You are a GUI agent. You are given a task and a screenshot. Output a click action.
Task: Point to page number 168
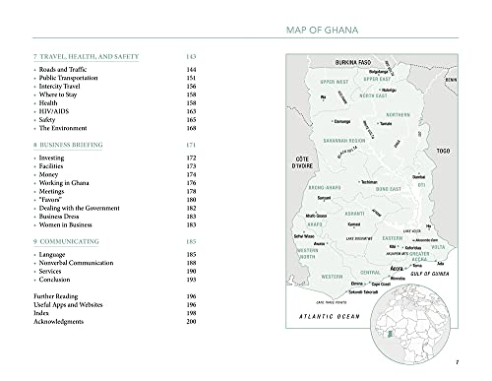click(x=192, y=128)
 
